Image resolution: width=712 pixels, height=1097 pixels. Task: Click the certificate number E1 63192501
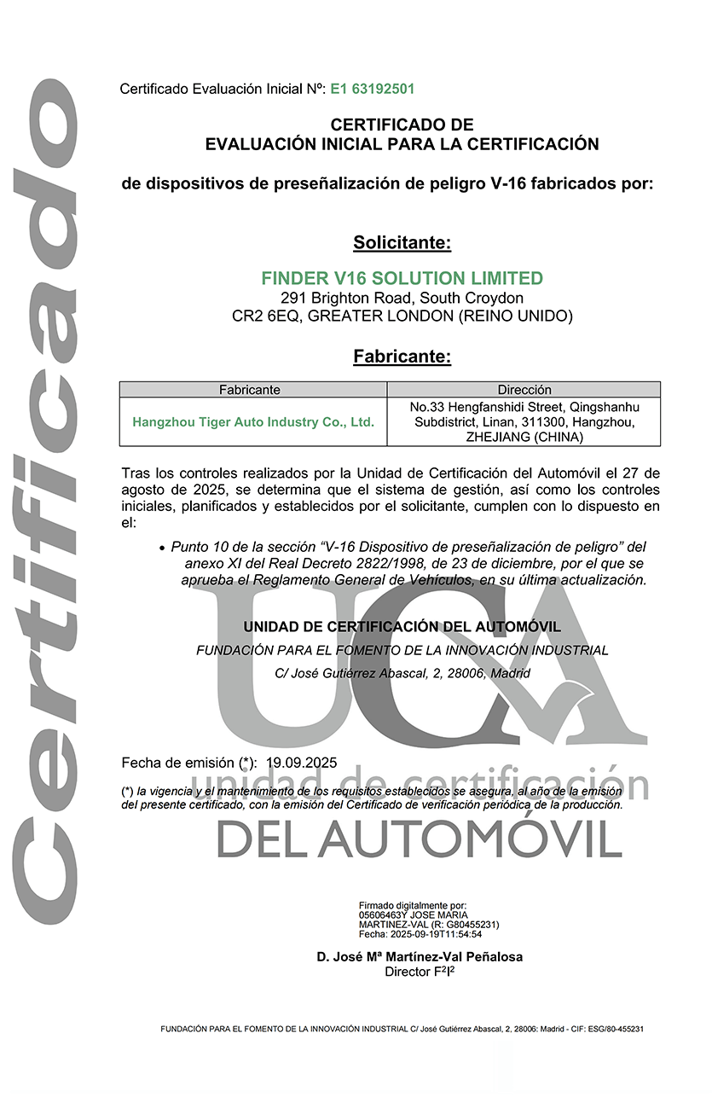click(x=373, y=89)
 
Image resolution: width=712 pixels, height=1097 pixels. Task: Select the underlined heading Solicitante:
click(x=402, y=243)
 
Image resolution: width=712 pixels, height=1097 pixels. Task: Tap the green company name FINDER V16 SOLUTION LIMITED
click(x=402, y=278)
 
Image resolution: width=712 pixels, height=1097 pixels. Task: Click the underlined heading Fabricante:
click(x=402, y=357)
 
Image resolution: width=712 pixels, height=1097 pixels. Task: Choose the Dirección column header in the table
click(x=524, y=390)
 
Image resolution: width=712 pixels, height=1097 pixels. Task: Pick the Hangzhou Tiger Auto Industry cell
click(x=253, y=421)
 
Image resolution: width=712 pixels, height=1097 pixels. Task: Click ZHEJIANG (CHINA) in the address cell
click(x=524, y=437)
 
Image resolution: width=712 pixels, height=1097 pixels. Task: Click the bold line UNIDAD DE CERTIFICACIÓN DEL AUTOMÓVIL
click(x=402, y=627)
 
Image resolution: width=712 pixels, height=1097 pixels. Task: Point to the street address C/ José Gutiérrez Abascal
click(x=358, y=673)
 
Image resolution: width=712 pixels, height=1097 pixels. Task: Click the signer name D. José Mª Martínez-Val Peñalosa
click(x=420, y=957)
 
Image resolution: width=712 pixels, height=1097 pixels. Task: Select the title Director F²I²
click(x=420, y=972)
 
